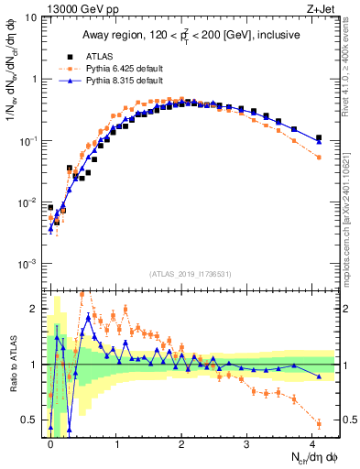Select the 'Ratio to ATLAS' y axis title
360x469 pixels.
point(12,364)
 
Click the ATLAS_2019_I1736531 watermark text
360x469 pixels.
point(190,274)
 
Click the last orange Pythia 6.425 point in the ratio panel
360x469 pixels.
point(319,422)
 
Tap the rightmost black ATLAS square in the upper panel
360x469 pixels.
point(319,138)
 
